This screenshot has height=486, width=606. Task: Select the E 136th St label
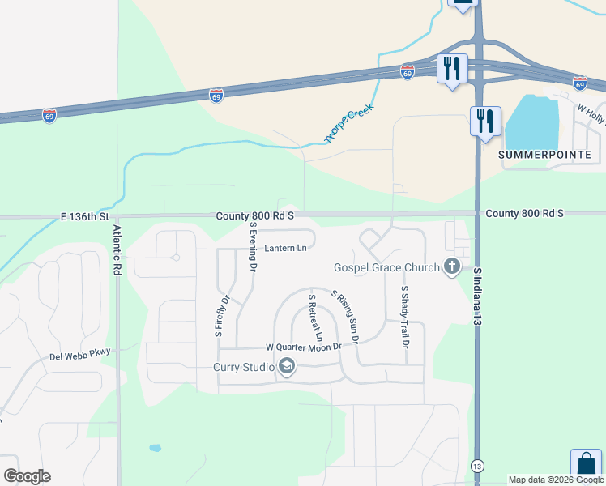84,217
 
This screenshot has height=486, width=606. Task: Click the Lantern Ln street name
286,248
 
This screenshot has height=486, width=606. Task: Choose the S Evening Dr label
253,248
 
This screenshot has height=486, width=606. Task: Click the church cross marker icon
452,266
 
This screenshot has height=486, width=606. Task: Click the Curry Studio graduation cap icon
286,367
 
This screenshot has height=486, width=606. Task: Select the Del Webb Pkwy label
79,355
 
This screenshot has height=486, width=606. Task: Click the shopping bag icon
585,465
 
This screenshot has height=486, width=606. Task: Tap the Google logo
28,476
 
